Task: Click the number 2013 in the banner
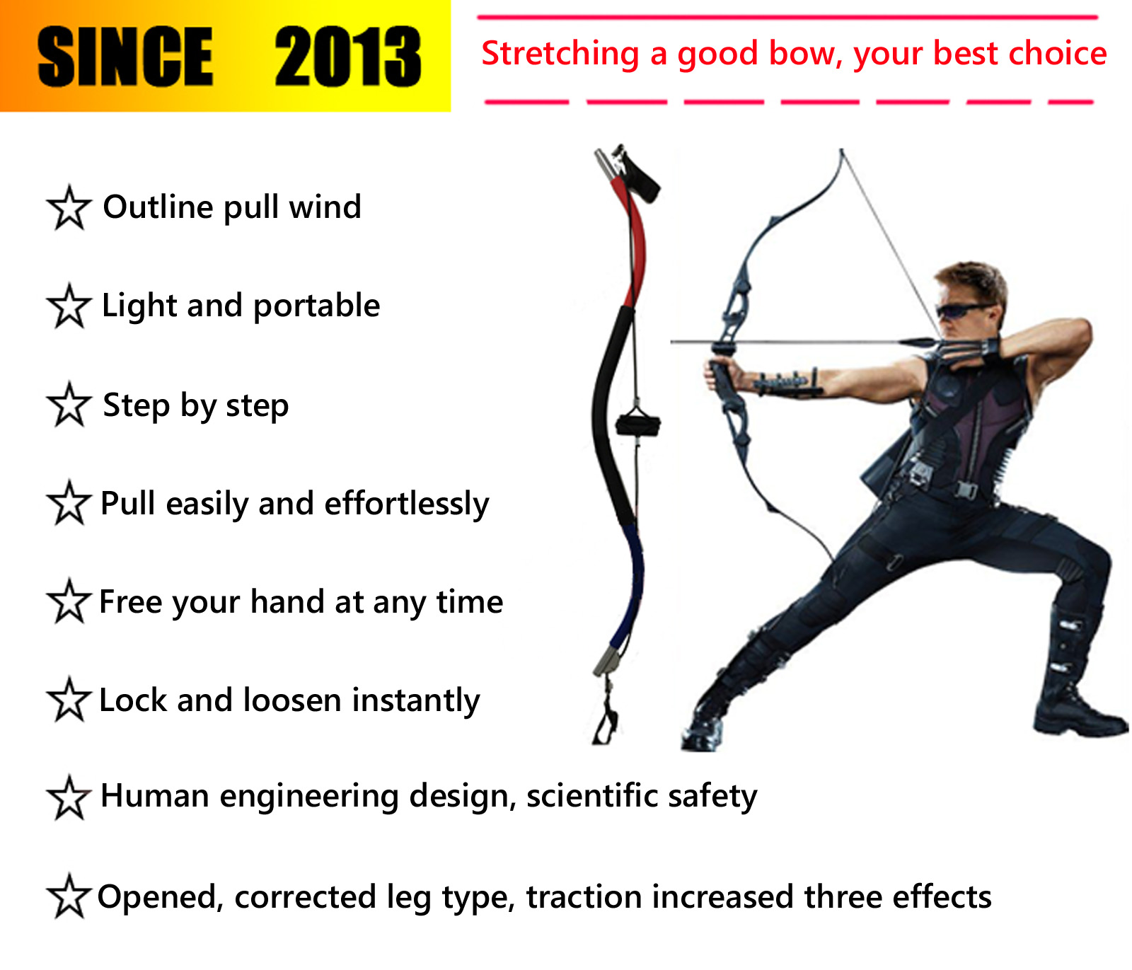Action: tap(348, 57)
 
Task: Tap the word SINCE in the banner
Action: tap(125, 57)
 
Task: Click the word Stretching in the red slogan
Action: tap(560, 54)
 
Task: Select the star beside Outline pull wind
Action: tap(69, 207)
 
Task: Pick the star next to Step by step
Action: tap(69, 405)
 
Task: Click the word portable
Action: tap(316, 306)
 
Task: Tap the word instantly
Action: tap(416, 700)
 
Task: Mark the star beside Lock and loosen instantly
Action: tap(69, 700)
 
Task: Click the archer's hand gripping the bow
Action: tap(722, 379)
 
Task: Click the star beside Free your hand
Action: tap(69, 601)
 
